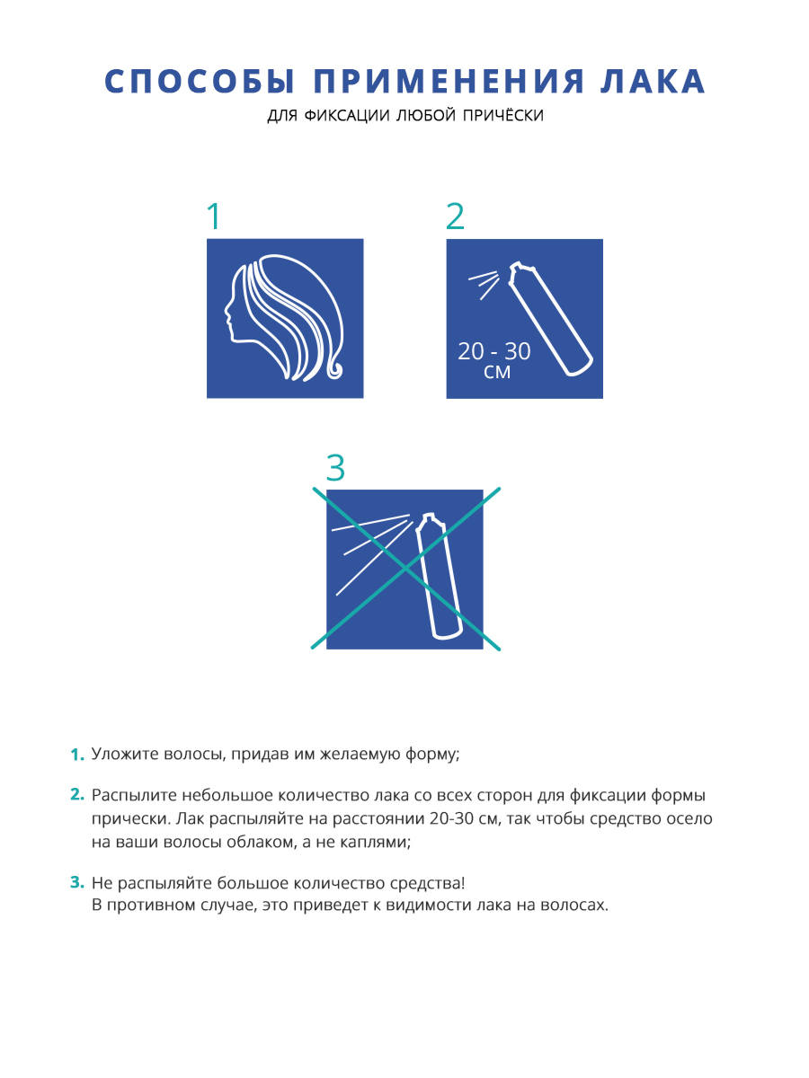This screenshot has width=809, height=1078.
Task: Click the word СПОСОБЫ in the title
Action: (199, 81)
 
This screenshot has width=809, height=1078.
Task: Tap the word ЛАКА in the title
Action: (653, 81)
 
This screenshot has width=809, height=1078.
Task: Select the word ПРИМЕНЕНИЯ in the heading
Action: (449, 81)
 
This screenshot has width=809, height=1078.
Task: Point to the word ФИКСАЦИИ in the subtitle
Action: (347, 115)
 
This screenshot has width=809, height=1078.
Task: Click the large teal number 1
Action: (214, 216)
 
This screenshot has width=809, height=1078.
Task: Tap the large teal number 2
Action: (455, 216)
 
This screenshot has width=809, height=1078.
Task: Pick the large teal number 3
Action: (335, 467)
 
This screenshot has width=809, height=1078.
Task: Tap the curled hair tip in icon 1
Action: (334, 369)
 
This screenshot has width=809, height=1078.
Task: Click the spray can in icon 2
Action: (551, 319)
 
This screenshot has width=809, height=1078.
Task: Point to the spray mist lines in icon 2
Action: (484, 285)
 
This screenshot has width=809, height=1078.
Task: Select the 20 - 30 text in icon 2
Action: (494, 351)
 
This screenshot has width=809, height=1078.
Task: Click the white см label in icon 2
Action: (496, 372)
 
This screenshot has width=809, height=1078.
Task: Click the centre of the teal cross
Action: (405, 569)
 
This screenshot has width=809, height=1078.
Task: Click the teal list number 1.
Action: (77, 755)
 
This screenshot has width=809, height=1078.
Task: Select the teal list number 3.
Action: (77, 882)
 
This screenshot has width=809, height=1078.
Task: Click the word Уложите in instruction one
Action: (125, 755)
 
